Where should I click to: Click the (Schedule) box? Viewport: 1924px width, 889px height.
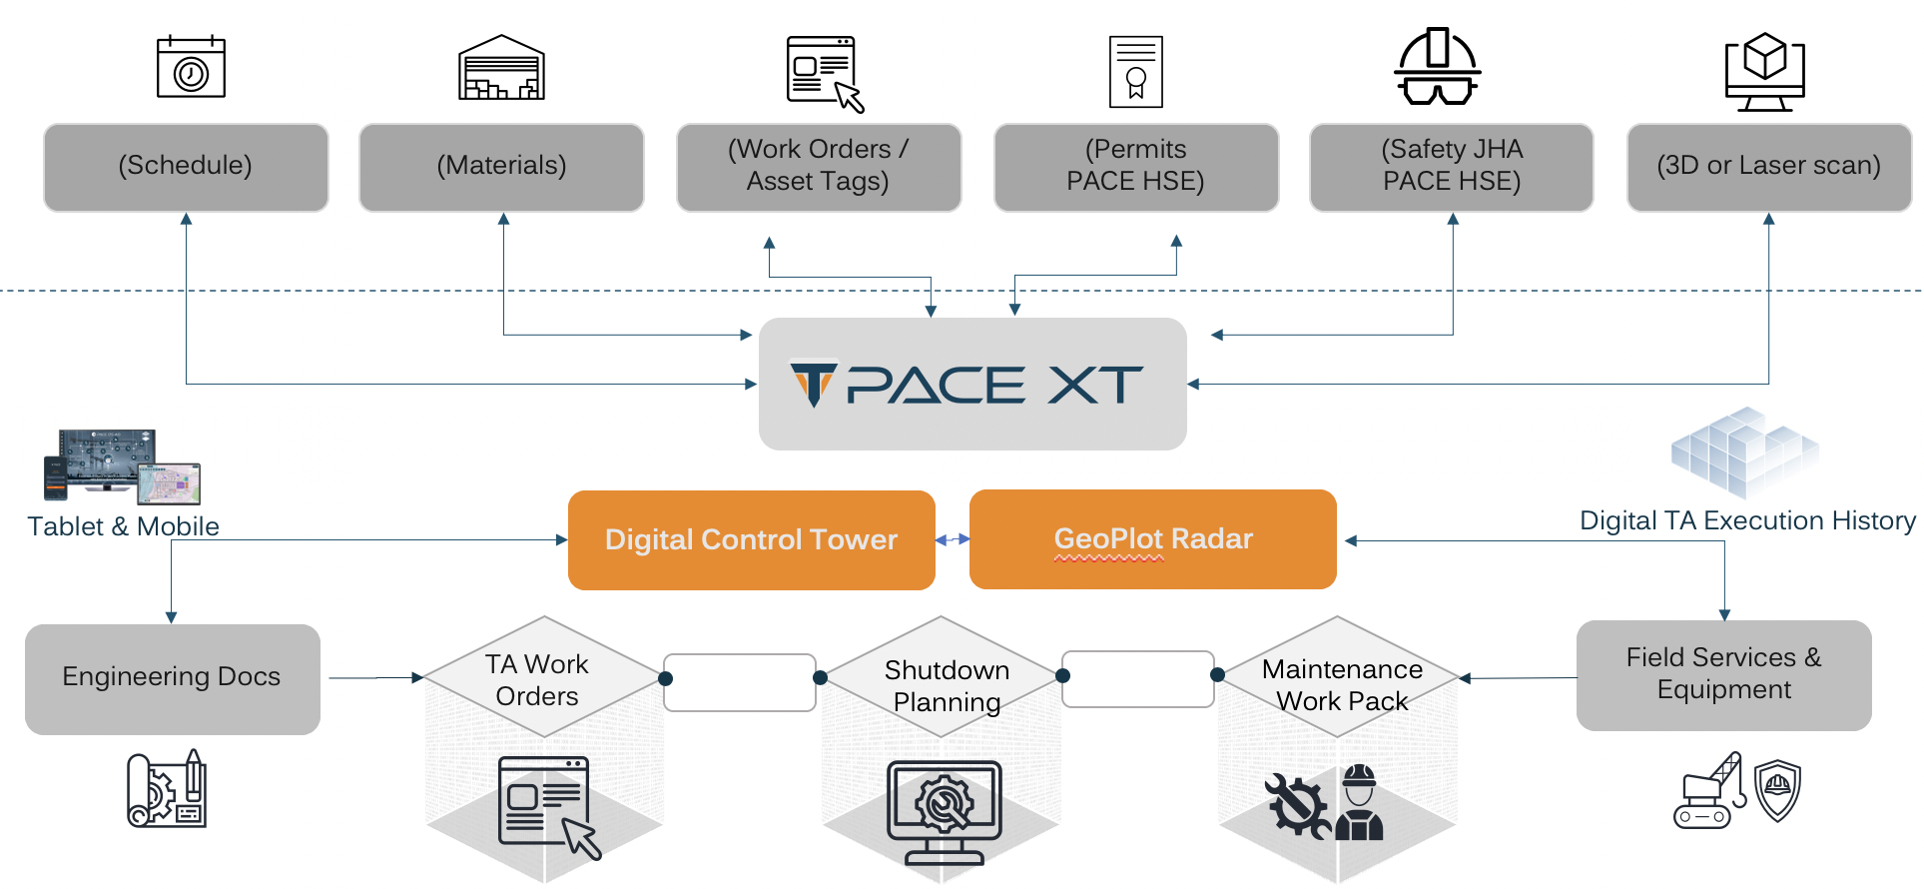pos(186,167)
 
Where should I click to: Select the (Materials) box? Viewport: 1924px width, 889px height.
pos(501,167)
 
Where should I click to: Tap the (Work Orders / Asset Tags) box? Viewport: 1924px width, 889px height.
pos(818,167)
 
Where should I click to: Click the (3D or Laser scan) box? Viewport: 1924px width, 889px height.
pos(1768,167)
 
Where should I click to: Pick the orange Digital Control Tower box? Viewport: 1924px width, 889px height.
pos(751,539)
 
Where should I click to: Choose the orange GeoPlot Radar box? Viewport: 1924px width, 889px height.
pos(1152,539)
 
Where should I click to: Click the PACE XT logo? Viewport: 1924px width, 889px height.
pos(966,385)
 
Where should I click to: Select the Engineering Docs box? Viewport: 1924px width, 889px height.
pos(172,678)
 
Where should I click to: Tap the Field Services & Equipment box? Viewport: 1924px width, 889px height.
pos(1723,674)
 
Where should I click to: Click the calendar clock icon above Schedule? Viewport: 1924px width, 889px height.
pos(191,68)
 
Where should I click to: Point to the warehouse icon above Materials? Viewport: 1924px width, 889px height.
pos(501,68)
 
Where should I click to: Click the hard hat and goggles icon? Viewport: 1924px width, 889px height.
pos(1437,67)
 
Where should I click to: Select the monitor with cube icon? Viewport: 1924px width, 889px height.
pos(1764,71)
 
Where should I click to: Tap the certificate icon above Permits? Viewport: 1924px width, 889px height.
pos(1135,72)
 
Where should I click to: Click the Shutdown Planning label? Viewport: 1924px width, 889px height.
pos(946,685)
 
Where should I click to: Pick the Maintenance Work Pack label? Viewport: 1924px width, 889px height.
pos(1341,684)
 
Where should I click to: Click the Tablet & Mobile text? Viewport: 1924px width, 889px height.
pos(123,526)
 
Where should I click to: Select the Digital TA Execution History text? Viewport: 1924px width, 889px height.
pos(1746,520)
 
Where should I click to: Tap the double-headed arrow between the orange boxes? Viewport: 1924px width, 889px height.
pos(953,539)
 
